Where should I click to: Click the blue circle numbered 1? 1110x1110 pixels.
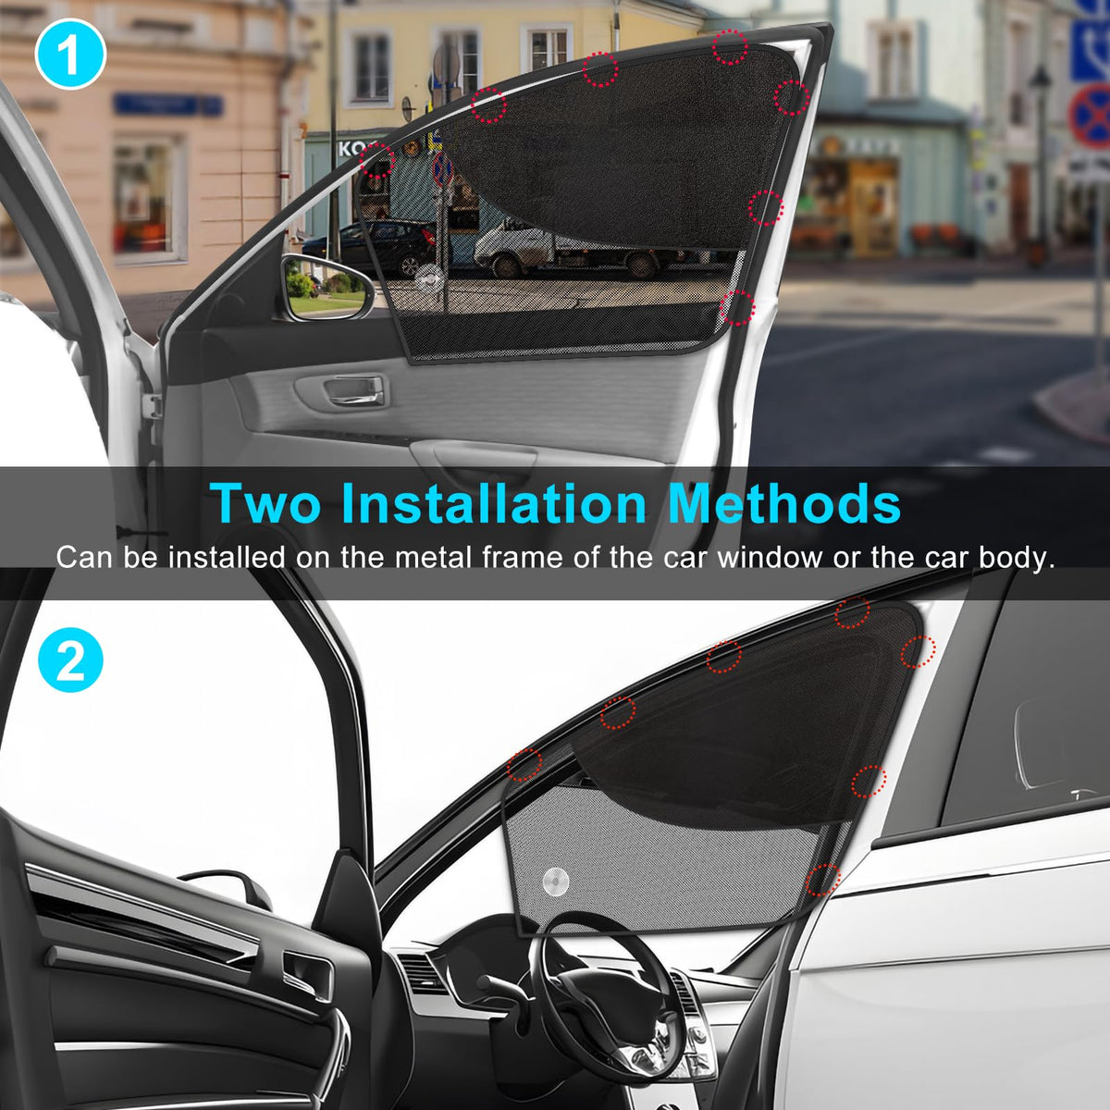coord(70,55)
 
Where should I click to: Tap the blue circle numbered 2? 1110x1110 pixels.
coord(70,660)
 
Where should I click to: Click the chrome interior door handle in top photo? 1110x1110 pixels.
coord(354,389)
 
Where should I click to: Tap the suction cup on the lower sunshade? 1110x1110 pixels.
coord(556,882)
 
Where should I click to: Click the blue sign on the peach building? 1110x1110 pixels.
coord(168,105)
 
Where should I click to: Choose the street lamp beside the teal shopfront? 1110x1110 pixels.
coord(1041,161)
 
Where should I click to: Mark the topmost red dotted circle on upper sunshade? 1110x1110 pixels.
coord(731,46)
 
